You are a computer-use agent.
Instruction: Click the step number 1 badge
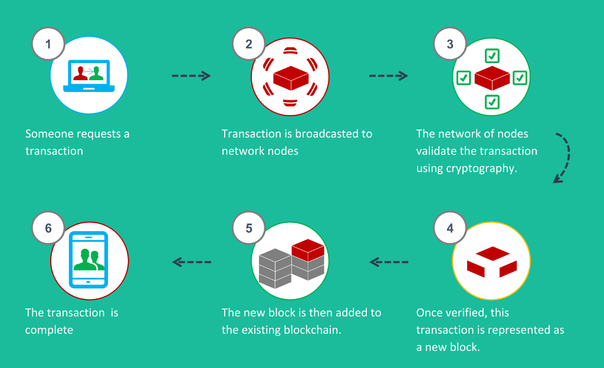(48, 44)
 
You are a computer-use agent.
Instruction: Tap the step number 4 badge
(450, 228)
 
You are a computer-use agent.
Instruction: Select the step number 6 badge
(48, 228)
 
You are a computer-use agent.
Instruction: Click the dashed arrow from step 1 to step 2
(191, 75)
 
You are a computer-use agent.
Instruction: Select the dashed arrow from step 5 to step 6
(192, 262)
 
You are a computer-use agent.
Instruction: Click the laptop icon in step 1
(89, 76)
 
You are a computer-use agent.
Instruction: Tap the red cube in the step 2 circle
(291, 78)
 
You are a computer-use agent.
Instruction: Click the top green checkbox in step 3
(492, 56)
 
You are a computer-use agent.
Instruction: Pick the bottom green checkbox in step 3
(492, 102)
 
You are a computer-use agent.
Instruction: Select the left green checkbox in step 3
(464, 78)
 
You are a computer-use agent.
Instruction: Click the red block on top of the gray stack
(308, 250)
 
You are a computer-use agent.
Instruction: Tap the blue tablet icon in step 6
(88, 260)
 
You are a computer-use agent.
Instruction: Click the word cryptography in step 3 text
(481, 169)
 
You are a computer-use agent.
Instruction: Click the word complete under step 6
(50, 330)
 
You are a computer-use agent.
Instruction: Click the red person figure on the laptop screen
(80, 74)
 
